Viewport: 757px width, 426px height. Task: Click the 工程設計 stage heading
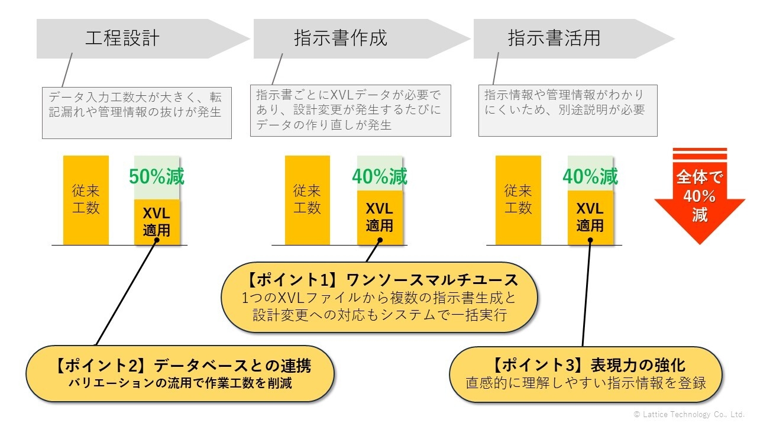[122, 38]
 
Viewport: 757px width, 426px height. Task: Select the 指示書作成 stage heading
[341, 38]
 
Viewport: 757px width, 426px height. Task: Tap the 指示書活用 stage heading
[554, 38]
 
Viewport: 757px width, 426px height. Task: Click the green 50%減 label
[157, 176]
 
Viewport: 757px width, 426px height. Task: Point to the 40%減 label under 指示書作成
[380, 176]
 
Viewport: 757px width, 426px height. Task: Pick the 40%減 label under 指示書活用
[590, 176]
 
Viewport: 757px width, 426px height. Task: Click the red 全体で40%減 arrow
[700, 196]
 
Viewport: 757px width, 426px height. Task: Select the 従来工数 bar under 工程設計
[86, 200]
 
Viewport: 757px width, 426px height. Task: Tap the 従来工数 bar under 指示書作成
[307, 200]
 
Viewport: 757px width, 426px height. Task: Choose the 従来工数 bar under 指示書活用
[518, 200]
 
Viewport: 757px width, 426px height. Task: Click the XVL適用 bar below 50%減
[157, 222]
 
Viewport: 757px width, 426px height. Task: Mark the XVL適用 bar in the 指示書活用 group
[590, 218]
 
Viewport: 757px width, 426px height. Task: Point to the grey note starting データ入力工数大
[137, 113]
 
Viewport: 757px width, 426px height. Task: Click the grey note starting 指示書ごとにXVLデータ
[351, 111]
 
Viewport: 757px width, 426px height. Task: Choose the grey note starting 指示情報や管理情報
[568, 111]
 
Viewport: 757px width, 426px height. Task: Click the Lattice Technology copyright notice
[689, 414]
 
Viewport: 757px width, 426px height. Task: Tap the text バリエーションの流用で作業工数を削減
[180, 383]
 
